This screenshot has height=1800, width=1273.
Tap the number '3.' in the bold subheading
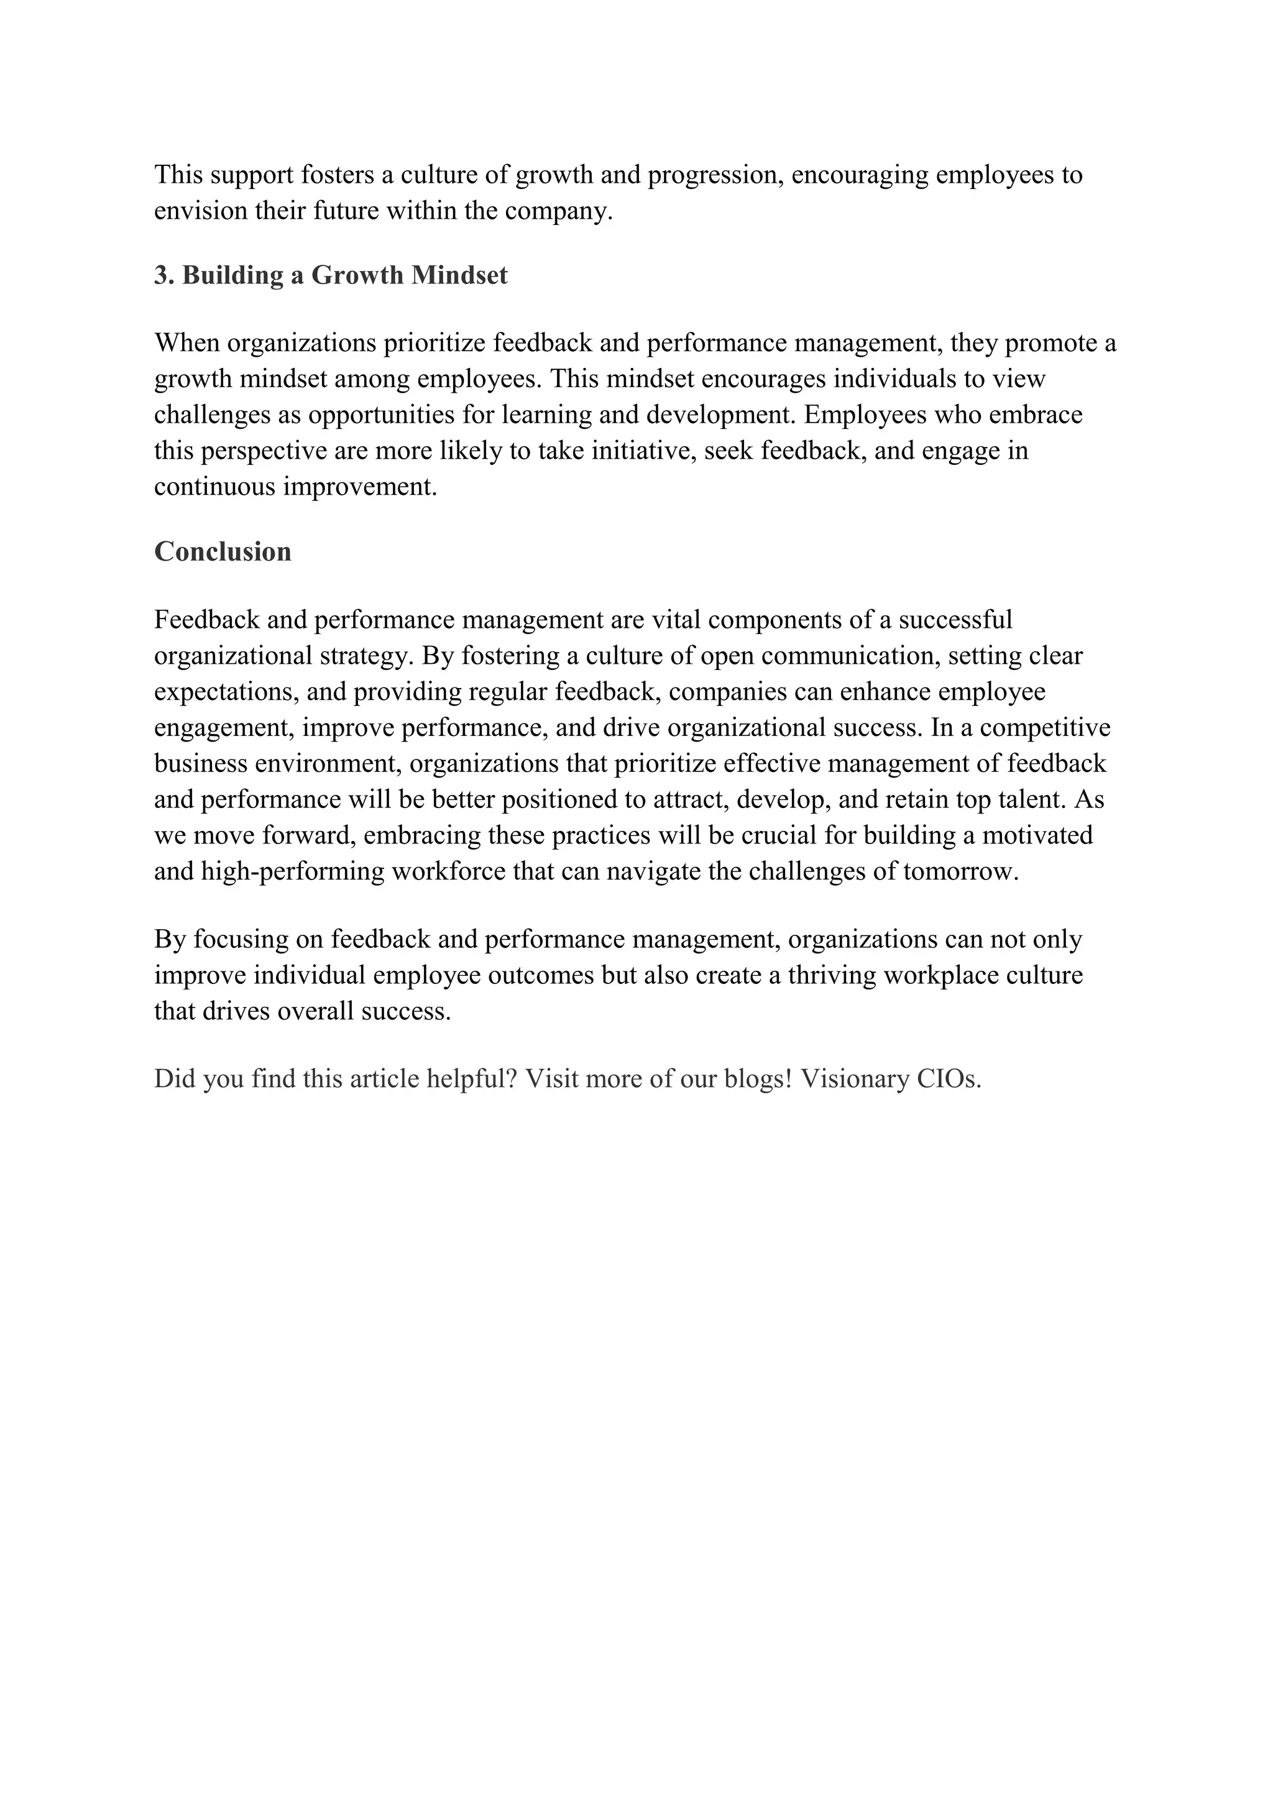pos(164,275)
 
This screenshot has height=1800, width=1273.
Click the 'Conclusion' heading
pos(223,552)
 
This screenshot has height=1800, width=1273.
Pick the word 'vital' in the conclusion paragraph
pos(676,620)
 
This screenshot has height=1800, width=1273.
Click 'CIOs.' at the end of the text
pos(949,1079)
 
